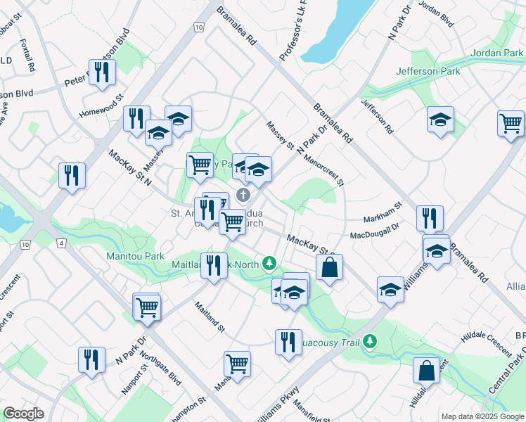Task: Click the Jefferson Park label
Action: [428, 71]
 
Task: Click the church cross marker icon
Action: [243, 194]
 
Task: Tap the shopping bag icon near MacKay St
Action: [329, 268]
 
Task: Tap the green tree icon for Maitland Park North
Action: [268, 264]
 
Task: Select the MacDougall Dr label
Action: [374, 227]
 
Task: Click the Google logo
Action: [24, 414]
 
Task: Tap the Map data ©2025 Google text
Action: [482, 416]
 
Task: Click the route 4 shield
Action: [62, 243]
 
